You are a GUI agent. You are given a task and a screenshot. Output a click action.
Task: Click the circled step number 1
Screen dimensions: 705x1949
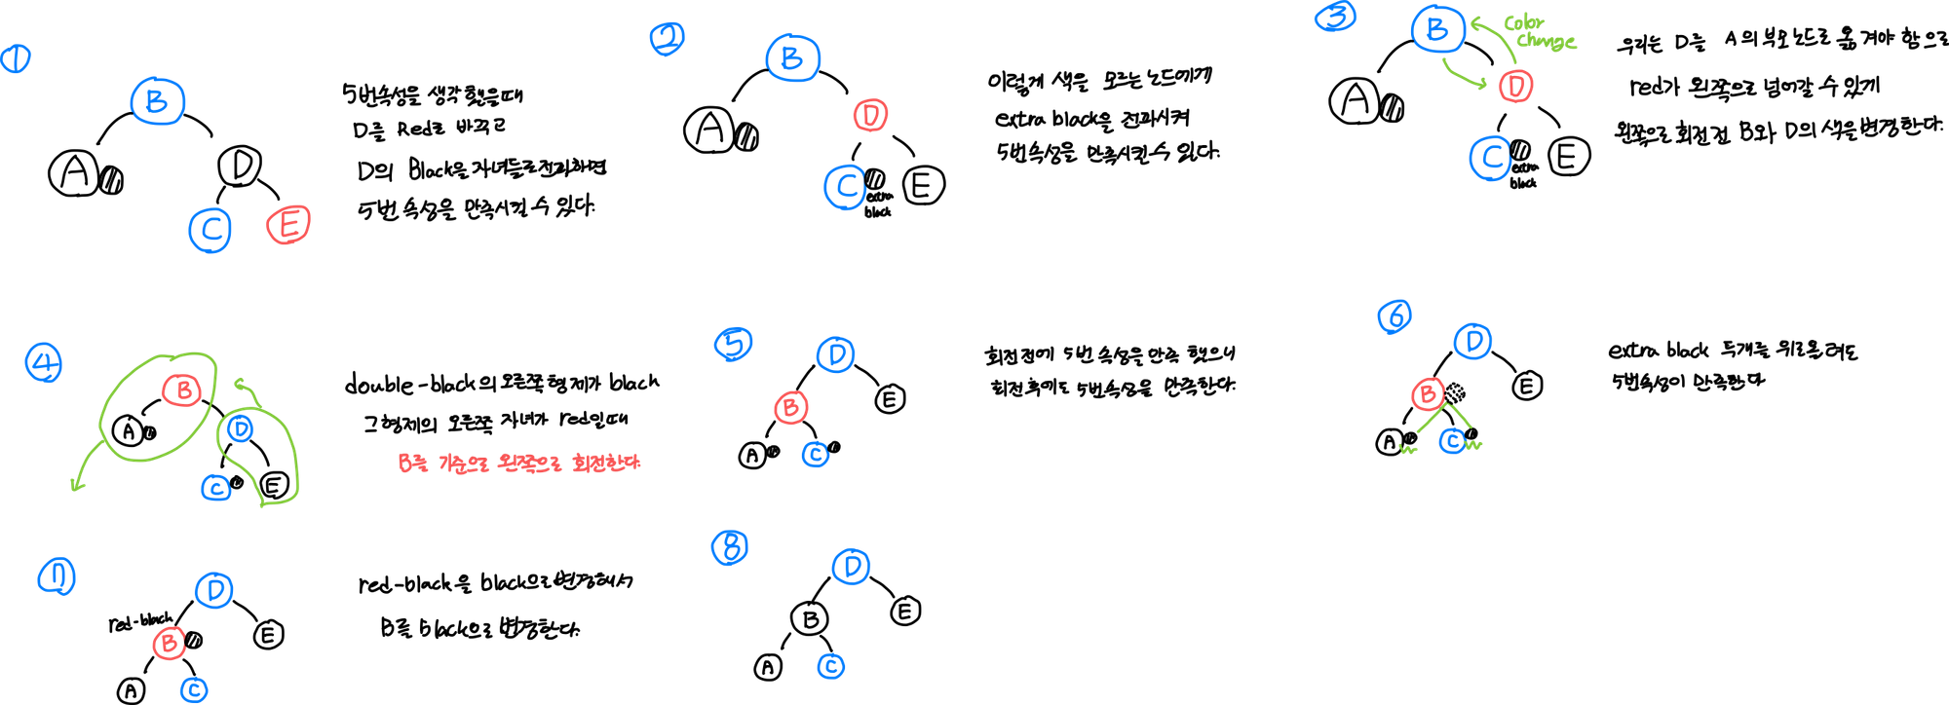[15, 60]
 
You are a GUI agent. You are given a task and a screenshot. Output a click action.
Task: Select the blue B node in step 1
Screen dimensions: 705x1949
[158, 101]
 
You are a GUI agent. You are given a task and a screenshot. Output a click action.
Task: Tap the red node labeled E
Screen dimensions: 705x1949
[289, 225]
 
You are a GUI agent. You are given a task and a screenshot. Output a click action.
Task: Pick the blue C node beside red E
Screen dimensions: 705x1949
[210, 229]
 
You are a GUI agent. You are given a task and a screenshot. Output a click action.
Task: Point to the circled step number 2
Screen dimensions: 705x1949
[668, 39]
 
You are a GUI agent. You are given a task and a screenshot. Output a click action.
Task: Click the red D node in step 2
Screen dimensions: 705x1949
[871, 116]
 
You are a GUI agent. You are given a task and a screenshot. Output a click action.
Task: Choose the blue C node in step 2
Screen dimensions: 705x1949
[845, 187]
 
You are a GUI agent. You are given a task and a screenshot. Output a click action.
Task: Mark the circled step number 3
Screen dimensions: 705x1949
[1335, 17]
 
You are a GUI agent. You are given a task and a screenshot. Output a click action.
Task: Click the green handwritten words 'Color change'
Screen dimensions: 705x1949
[1539, 32]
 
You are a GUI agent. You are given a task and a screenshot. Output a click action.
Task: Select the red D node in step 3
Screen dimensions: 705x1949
[1515, 86]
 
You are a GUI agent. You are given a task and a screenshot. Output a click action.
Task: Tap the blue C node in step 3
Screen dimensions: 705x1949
[1490, 159]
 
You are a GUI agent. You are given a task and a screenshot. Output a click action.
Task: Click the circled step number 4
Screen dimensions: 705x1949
[44, 363]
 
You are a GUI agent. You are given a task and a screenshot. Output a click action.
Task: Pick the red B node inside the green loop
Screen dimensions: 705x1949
[182, 390]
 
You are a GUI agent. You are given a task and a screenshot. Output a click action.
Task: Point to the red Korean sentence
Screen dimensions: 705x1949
[519, 464]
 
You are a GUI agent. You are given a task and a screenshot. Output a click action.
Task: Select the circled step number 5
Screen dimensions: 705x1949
[734, 344]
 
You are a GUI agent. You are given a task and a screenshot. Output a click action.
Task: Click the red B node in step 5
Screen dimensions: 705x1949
[790, 406]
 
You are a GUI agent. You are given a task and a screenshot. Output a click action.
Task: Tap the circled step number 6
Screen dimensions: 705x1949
[1395, 316]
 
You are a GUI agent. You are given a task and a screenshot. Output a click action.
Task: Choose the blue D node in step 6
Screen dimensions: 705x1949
[1473, 341]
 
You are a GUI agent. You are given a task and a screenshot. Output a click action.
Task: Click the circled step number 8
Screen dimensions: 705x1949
[730, 547]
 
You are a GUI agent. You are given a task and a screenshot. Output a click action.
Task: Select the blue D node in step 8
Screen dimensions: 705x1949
[852, 566]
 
